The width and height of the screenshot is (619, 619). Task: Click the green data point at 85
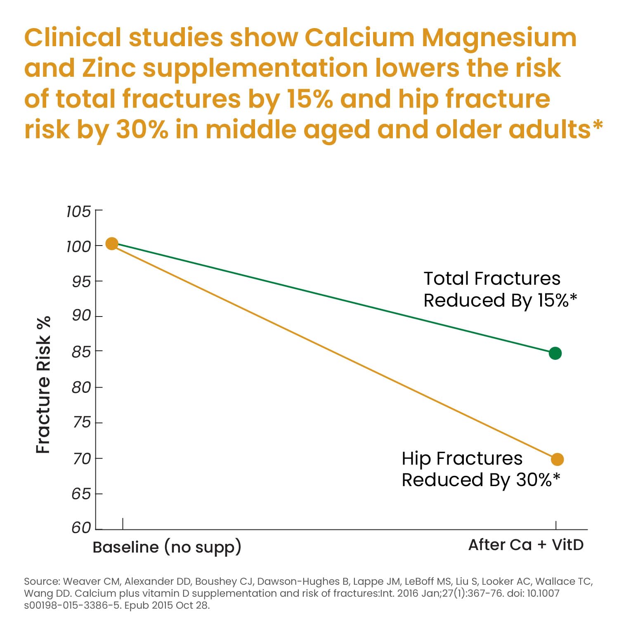pos(555,353)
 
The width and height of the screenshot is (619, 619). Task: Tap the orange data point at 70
pos(557,459)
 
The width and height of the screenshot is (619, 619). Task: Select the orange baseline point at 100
pos(112,243)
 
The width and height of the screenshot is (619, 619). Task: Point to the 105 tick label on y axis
pos(78,211)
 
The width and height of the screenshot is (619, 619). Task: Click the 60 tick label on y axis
pos(81,528)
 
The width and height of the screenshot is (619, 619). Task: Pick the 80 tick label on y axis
pos(81,387)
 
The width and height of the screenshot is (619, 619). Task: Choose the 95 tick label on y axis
pos(81,281)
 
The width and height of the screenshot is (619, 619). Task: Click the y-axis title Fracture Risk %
pos(43,385)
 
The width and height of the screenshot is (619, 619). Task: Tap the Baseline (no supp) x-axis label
pos(167,547)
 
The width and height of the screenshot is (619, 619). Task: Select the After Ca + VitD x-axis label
pos(526,545)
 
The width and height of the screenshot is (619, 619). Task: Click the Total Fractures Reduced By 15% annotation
pos(499,289)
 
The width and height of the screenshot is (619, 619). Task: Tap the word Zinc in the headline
pos(109,68)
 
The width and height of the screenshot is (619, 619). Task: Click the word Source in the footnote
pos(42,581)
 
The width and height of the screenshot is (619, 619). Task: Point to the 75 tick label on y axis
pos(81,423)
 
